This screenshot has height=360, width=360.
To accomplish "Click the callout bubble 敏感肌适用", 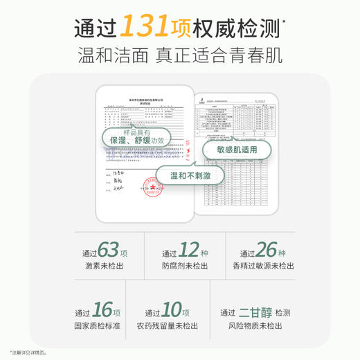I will pyautogui.click(x=236, y=150).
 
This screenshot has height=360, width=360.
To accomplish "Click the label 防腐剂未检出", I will pyautogui.click(x=181, y=265).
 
